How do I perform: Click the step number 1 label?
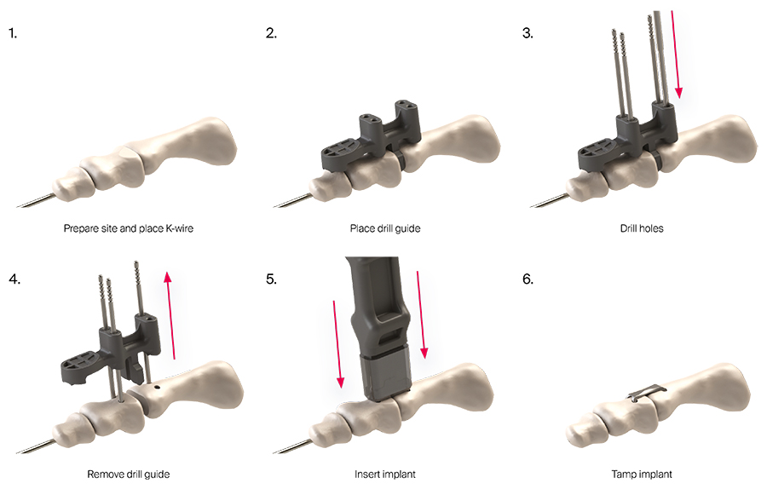13,33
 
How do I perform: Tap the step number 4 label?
14,279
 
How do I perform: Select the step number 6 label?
528,279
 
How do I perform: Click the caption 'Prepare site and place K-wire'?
128,228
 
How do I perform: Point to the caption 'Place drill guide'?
385,228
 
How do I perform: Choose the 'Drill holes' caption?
642,228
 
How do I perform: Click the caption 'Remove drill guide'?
128,474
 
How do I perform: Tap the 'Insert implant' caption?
385,474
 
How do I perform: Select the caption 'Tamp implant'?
642,474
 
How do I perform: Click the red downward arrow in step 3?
676,54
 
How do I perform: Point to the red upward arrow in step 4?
170,315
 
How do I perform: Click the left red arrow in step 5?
337,344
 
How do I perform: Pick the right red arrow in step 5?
421,314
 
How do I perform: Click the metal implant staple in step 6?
647,392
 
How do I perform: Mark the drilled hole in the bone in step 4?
157,387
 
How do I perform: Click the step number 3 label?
528,33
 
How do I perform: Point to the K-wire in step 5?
293,446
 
